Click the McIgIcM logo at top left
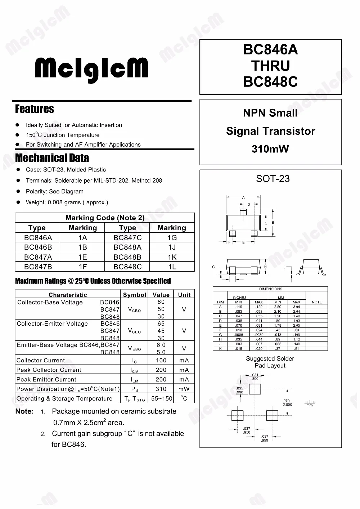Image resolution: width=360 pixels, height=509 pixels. (91, 70)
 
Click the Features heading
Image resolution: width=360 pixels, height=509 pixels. (35, 109)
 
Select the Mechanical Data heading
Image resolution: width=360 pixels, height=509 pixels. (52, 158)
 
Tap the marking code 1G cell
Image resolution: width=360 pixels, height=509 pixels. (172, 238)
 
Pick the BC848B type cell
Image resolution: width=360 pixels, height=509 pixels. (127, 257)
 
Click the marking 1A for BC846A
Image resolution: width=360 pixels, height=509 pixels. (83, 238)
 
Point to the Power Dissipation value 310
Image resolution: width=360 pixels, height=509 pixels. (161, 389)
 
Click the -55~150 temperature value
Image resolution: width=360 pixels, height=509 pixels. (161, 398)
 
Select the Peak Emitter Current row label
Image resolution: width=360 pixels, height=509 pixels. (46, 379)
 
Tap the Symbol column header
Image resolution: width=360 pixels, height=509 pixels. (135, 295)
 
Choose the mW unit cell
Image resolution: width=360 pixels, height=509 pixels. (184, 389)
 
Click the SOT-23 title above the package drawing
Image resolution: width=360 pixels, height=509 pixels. (273, 179)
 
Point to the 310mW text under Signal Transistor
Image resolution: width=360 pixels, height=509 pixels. (270, 149)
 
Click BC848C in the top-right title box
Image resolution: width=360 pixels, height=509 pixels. (270, 82)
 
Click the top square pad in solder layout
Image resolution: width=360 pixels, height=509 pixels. (255, 389)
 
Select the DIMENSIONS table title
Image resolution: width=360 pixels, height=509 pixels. (271, 289)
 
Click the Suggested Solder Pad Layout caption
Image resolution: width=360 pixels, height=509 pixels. (270, 362)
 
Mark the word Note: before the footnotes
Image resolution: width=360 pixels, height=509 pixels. (24, 411)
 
